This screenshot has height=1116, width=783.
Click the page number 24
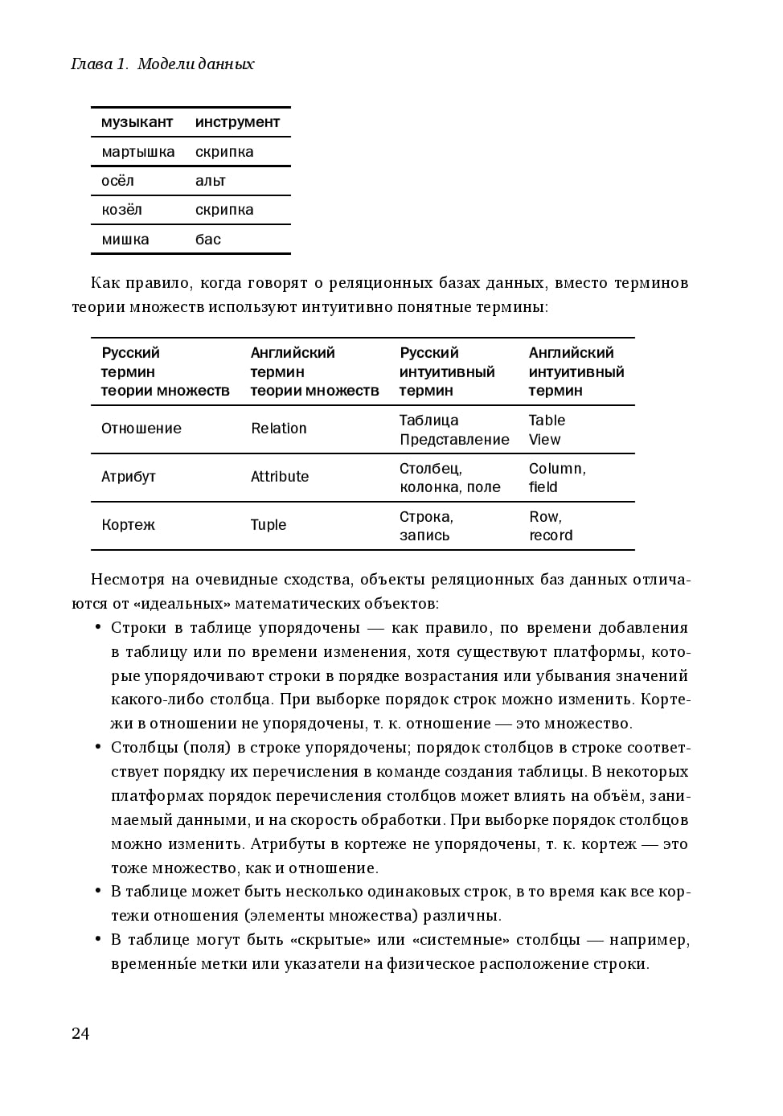(x=80, y=1034)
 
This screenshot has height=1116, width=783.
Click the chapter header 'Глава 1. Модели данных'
(x=162, y=64)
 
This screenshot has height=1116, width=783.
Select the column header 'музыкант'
(x=137, y=122)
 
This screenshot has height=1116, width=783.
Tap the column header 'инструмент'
(x=237, y=122)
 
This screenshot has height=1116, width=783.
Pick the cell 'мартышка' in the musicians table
(x=137, y=152)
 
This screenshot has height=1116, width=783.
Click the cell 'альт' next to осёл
(x=211, y=181)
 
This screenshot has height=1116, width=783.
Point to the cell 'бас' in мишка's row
(x=208, y=240)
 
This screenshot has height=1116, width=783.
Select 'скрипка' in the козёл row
(x=224, y=210)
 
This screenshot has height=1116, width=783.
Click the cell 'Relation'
(x=278, y=429)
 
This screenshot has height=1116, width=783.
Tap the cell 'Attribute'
(x=279, y=477)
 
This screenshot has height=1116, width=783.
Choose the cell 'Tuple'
(x=268, y=525)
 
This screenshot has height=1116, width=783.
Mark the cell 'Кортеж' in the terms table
(x=128, y=525)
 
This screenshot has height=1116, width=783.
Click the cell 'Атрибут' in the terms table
(x=128, y=477)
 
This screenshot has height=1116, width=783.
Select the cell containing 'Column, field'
(x=556, y=478)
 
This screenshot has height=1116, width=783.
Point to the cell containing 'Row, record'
(x=551, y=526)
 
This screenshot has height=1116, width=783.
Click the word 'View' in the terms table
(x=544, y=440)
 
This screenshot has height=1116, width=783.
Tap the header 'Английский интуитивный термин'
(x=576, y=371)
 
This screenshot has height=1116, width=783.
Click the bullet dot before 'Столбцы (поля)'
(x=98, y=748)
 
